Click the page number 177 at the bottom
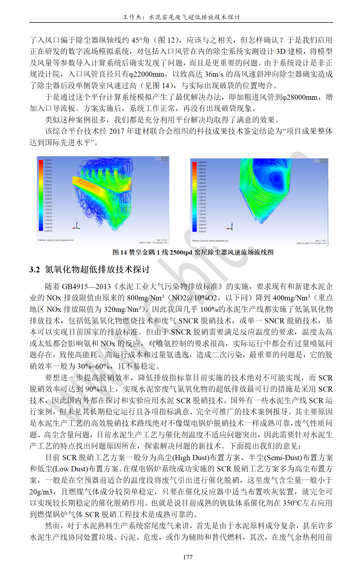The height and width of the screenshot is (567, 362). click(x=188, y=557)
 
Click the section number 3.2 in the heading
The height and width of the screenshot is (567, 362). click(x=35, y=270)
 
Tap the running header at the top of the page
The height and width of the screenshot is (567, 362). click(x=181, y=17)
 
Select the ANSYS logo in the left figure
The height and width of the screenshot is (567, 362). click(x=161, y=159)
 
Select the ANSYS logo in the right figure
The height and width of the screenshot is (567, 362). click(x=320, y=161)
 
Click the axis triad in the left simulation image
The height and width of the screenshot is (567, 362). click(x=77, y=226)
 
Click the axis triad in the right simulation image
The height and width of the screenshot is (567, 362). click(x=230, y=227)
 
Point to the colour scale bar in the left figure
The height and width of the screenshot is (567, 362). click(x=41, y=195)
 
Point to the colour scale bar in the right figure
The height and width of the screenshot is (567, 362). click(x=194, y=197)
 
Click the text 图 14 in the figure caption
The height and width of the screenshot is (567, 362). click(x=119, y=252)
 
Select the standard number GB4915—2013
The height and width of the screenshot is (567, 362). click(x=86, y=287)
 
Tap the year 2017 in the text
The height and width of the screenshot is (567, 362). click(x=117, y=131)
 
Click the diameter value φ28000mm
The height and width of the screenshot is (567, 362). click(x=300, y=97)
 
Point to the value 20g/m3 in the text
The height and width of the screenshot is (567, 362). click(x=41, y=492)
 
